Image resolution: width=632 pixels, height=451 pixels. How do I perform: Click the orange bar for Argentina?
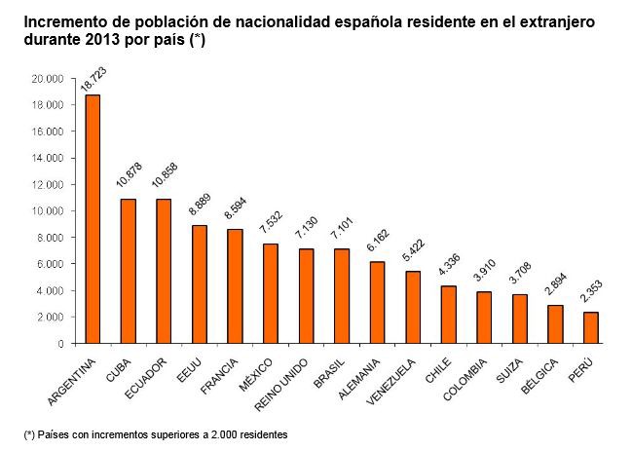pos(93,219)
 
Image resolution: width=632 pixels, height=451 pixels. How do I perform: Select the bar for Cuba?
pos(129,271)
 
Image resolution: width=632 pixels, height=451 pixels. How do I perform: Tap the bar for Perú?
pos(591,327)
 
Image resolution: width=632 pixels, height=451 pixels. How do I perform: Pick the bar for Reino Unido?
pos(307,296)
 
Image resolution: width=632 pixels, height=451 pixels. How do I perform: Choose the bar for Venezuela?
pos(413,308)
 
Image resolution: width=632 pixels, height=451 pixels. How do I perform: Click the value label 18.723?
pos(93,79)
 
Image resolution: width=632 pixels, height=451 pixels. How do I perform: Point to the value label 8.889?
pos(200,205)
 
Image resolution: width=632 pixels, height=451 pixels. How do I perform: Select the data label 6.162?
pos(378,241)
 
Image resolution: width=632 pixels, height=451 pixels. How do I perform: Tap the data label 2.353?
pos(591,291)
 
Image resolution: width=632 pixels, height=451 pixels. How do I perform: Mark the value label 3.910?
pos(484,271)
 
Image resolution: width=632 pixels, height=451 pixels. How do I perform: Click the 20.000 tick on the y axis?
pos(48,79)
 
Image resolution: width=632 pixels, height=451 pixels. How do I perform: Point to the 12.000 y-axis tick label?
pos(48,185)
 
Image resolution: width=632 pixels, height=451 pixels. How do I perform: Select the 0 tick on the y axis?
pos(60,344)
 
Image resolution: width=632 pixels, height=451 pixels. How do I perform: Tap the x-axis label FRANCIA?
pos(219,376)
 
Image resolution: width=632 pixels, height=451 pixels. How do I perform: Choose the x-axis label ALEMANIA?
pos(358,379)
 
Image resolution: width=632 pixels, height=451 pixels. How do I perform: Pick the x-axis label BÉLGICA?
pos(539,376)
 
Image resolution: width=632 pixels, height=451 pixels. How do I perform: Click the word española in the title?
pos(369,22)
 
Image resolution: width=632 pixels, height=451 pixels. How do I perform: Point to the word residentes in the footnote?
pos(264,434)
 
